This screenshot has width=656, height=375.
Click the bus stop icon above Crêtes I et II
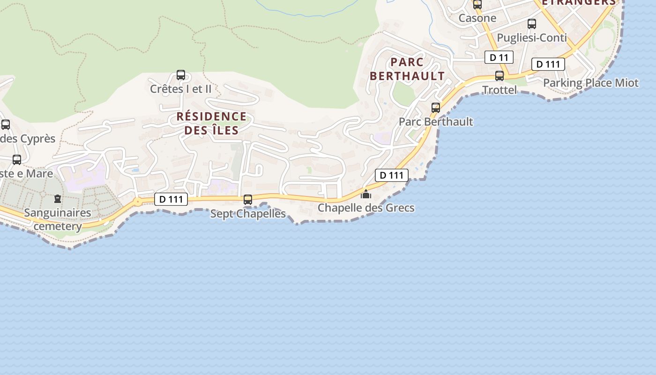(x=181, y=75)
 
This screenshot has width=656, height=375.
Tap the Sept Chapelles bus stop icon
(x=248, y=200)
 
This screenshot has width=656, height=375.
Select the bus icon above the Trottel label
(x=499, y=76)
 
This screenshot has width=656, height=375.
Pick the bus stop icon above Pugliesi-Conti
(x=532, y=24)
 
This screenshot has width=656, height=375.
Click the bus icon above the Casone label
(x=477, y=5)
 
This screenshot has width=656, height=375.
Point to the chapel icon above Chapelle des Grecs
(x=366, y=194)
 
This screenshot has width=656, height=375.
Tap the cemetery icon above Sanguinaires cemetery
(x=58, y=199)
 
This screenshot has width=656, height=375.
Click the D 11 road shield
(x=499, y=57)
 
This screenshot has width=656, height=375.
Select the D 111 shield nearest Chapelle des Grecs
(x=392, y=175)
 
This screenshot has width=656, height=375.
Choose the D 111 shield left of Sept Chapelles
(x=171, y=199)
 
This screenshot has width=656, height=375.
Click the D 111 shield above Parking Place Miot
(x=548, y=64)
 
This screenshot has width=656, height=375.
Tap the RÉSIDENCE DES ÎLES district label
(x=211, y=123)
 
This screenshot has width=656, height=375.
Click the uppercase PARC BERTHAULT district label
(x=407, y=69)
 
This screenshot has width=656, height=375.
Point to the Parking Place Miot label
(x=590, y=83)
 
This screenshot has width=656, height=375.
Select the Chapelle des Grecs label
(x=366, y=208)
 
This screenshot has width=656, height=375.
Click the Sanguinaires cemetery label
(x=58, y=219)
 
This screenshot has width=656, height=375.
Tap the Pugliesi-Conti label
(x=532, y=37)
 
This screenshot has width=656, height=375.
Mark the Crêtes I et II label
(x=181, y=89)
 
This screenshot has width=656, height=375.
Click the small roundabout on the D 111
(x=137, y=202)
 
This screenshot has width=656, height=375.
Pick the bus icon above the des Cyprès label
(x=6, y=125)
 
